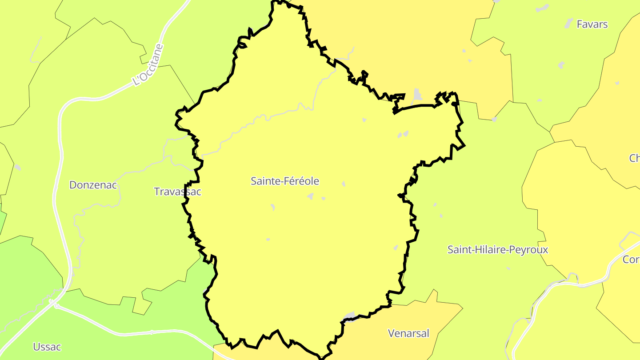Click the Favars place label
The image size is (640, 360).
(592, 24)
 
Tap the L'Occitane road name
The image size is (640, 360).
(148, 64)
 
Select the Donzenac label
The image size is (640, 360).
(93, 185)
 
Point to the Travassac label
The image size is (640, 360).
(177, 192)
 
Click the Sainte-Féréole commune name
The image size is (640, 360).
(285, 181)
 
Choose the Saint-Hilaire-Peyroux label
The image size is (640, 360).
(497, 250)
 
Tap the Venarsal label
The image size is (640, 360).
(408, 333)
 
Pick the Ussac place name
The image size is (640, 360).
(47, 347)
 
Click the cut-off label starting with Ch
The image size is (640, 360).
(634, 158)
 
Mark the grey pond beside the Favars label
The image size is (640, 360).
(569, 24)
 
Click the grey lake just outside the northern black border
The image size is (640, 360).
(417, 94)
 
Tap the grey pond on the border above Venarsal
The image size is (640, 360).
(350, 316)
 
